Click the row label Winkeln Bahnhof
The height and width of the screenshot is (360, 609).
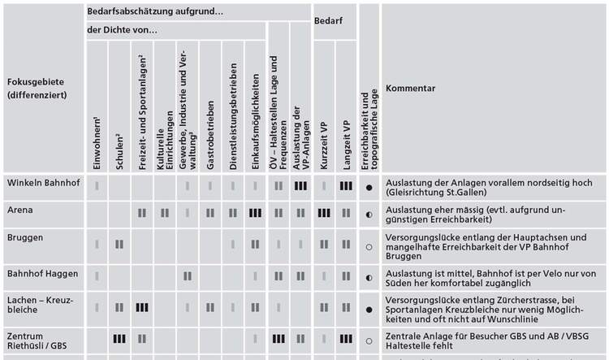44,183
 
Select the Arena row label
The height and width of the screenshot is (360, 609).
19,210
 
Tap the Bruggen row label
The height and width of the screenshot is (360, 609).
25,237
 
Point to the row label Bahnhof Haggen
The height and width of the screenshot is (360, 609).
42,274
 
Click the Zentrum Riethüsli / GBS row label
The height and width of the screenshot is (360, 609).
37,341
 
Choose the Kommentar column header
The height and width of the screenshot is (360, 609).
410,89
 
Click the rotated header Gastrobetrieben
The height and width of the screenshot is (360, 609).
210,135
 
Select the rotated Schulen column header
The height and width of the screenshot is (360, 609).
119,152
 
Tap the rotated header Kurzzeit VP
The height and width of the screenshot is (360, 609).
324,145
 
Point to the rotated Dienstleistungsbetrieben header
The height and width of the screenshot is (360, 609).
233,117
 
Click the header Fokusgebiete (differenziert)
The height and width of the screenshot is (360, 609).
37,89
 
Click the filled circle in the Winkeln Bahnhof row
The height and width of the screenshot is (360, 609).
369,188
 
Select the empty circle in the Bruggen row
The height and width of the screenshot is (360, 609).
369,247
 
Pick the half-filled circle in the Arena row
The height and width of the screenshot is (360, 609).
369,215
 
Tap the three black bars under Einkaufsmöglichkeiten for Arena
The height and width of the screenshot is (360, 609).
255,213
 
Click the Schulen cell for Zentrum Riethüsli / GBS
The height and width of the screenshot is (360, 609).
119,339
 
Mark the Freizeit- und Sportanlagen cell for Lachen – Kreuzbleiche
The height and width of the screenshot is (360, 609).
142,307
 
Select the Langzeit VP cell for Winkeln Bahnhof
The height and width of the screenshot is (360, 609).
346,186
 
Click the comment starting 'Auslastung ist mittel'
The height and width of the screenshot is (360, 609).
490,279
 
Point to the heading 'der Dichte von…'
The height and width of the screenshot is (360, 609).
122,30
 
